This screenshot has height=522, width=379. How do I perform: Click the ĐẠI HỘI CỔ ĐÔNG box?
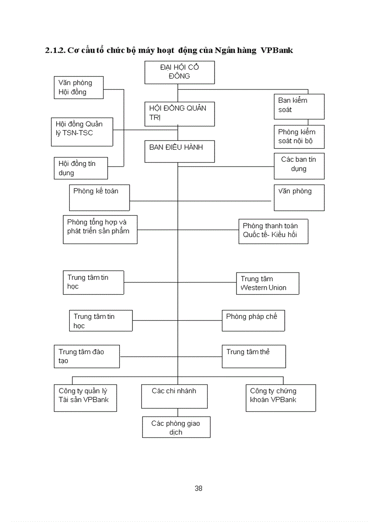tap(179, 72)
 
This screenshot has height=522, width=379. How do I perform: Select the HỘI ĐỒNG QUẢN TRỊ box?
tap(179, 114)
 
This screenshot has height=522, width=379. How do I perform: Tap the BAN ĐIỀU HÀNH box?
tap(179, 151)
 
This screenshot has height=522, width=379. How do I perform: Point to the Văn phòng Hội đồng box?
tap(78, 87)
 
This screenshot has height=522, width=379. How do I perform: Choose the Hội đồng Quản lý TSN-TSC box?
tap(82, 132)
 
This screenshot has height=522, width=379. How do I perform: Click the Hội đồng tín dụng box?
tap(80, 168)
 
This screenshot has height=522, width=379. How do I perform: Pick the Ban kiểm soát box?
tap(299, 106)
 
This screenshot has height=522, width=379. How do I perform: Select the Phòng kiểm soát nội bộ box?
tap(299, 137)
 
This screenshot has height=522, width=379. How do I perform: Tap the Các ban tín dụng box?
tap(299, 166)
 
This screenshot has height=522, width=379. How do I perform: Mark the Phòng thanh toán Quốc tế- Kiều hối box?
tap(273, 231)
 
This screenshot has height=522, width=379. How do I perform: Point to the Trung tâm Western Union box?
tap(267, 284)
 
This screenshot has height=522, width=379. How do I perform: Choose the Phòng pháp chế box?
tap(253, 321)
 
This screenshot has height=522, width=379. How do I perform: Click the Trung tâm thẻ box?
tap(254, 356)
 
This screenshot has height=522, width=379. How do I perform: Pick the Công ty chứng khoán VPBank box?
tap(281, 397)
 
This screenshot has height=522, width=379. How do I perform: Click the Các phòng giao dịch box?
tap(176, 427)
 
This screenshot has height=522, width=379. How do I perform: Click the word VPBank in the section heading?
tap(277, 50)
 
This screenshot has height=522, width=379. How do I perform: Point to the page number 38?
tap(198, 488)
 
